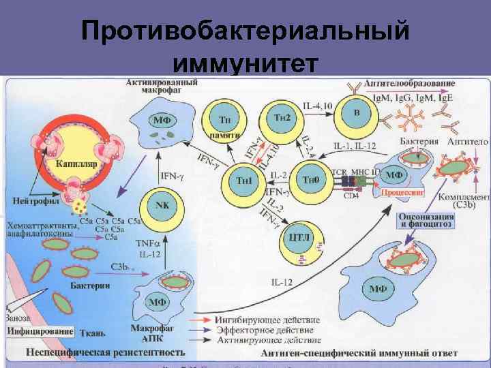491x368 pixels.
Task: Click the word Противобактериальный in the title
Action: [x=245, y=30]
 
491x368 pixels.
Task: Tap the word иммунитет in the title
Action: [x=245, y=63]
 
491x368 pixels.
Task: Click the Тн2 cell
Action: [x=281, y=118]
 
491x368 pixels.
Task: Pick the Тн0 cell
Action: [x=310, y=179]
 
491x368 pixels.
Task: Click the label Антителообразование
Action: [x=410, y=83]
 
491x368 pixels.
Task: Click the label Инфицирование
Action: [x=42, y=332]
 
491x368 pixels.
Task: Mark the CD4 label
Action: [x=351, y=196]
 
